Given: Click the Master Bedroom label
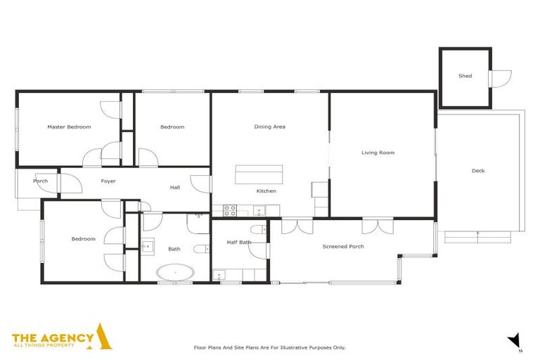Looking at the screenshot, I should pos(69,127).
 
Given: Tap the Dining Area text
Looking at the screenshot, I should pos(269,127).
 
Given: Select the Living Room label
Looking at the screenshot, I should pos(378,153).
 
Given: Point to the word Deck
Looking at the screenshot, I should pos(478,171).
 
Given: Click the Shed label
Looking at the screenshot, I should pos(465,76).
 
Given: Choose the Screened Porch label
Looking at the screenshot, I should pos(343,247).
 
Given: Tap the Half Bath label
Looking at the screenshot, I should pos(239,243).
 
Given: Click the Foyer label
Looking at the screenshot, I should pos(108,181).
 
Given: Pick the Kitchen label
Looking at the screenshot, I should pos(266,191).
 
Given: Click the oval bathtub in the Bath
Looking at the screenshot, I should pos(174,273).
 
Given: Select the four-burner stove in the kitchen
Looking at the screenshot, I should pos(230,210).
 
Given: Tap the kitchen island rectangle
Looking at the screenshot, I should pos(259,174).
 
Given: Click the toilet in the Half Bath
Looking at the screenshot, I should pos(257,229).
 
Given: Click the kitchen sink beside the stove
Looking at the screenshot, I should pos(259,210).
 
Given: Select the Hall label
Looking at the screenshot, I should pos(175,188).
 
